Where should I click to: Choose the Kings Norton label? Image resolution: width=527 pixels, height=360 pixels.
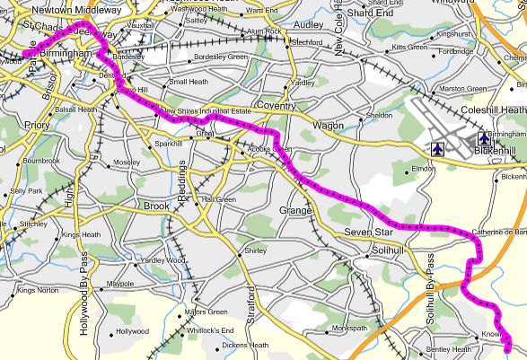pyautogui.click(x=38, y=291)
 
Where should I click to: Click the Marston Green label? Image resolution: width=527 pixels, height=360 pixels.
pyautogui.click(x=463, y=89)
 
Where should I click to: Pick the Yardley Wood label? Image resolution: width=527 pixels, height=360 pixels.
pyautogui.click(x=162, y=260)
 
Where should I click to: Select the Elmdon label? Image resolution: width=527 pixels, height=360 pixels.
pyautogui.click(x=423, y=168)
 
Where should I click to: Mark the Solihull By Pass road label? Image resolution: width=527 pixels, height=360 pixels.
pyautogui.click(x=431, y=283)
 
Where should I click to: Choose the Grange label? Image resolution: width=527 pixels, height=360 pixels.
pyautogui.click(x=296, y=210)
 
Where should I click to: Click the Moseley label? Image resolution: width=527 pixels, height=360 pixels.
pyautogui.click(x=126, y=162)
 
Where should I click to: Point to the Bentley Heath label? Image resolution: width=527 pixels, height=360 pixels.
pyautogui.click(x=449, y=349)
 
